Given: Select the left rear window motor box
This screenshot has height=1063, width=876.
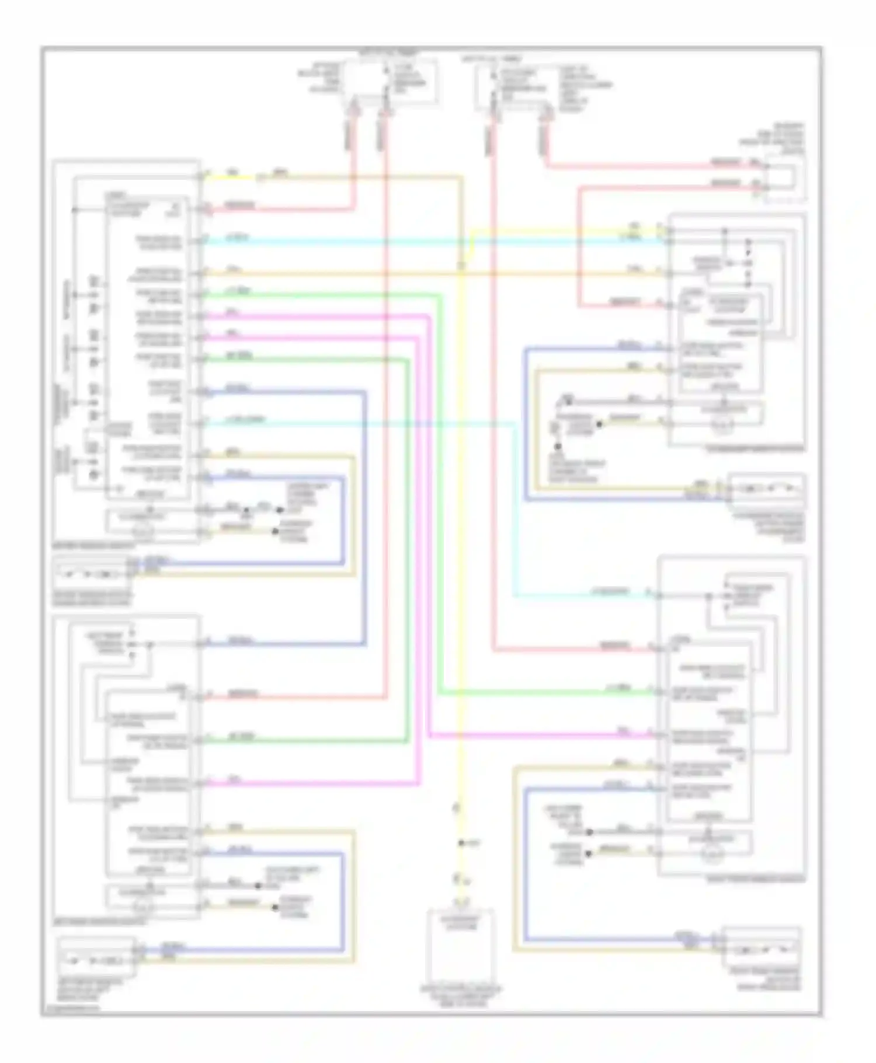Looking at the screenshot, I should click(x=96, y=959).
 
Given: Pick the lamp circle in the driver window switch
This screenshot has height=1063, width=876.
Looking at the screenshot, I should click(x=143, y=532).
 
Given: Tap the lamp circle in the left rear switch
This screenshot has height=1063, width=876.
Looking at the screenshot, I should click(x=143, y=907).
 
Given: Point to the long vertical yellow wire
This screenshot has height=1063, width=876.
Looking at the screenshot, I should click(x=461, y=525).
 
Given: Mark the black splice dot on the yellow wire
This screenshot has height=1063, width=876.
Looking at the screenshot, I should click(x=461, y=843).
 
